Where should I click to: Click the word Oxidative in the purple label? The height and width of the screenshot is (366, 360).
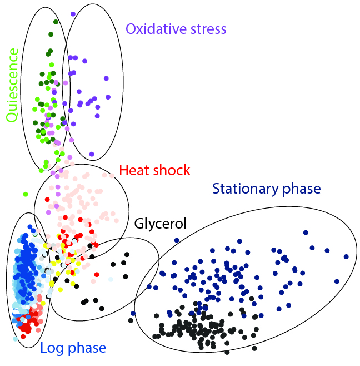156,29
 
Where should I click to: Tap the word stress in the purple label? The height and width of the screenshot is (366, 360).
208,29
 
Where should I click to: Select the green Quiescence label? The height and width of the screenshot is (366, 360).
12,85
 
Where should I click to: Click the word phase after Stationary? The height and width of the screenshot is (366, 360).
302,189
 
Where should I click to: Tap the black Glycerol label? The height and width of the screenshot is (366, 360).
161,224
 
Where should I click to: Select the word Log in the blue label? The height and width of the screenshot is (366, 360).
52,348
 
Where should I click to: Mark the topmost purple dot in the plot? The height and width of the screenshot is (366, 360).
73,14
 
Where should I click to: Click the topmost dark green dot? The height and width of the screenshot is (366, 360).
56,22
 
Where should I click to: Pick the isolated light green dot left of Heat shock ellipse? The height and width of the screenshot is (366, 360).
26,194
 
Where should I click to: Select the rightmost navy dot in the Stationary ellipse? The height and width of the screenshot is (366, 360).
346,256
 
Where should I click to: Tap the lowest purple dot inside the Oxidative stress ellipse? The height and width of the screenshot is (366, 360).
92,154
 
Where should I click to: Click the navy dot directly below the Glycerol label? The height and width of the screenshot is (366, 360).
177,240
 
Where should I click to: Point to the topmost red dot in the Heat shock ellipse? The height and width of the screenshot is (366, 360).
47,199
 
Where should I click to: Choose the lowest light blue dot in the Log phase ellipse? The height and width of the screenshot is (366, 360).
16,339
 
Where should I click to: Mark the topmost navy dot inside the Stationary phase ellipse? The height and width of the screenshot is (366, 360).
306,233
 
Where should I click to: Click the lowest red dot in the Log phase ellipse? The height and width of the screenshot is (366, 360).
23,337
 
